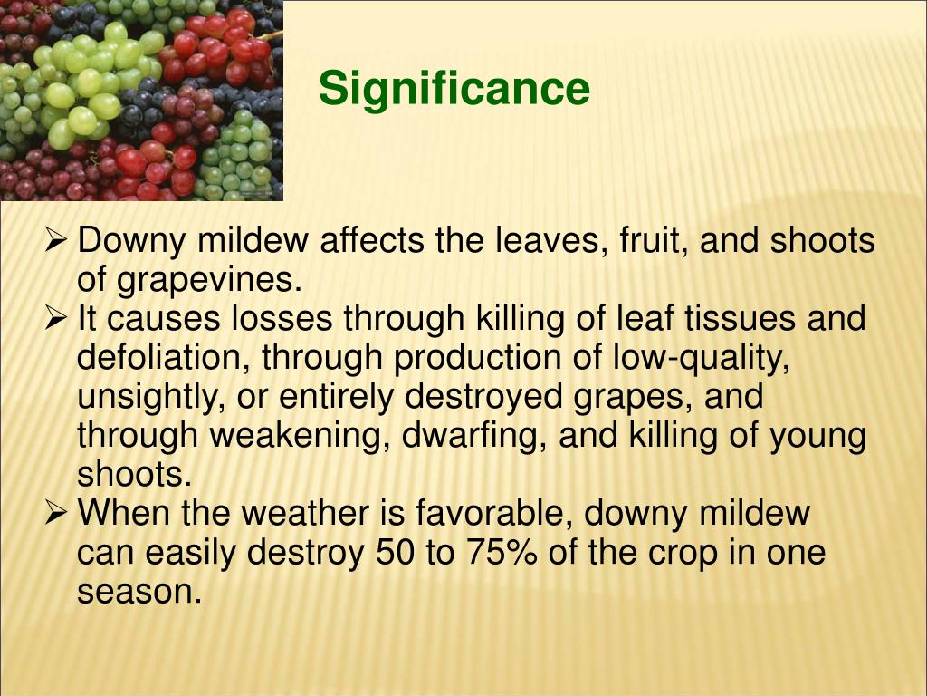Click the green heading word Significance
pyautogui.click(x=454, y=89)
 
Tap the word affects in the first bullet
pyautogui.click(x=372, y=240)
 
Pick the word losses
pyautogui.click(x=282, y=318)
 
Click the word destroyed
pyautogui.click(x=483, y=397)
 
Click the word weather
pyautogui.click(x=305, y=513)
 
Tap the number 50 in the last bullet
pyautogui.click(x=395, y=553)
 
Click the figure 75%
pyautogui.click(x=502, y=553)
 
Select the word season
pyautogui.click(x=139, y=592)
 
